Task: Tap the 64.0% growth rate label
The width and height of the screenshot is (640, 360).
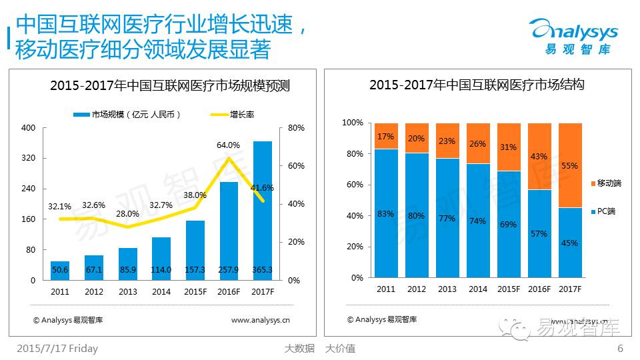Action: pos(229,145)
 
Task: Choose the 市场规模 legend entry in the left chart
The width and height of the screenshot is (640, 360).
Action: pos(127,115)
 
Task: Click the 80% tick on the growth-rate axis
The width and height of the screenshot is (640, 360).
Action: pos(296,128)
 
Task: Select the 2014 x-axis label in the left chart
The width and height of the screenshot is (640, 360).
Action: pos(161,291)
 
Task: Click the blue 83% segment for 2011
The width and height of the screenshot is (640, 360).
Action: pos(386,213)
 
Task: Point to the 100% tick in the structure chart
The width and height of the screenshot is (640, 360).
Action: pos(353,123)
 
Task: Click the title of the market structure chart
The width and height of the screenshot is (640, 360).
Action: pos(477,85)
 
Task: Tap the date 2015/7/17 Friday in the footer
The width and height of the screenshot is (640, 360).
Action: pos(57,348)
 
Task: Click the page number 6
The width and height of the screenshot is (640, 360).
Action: pos(620,348)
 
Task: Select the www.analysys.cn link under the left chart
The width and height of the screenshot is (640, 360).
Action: pos(260,320)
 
